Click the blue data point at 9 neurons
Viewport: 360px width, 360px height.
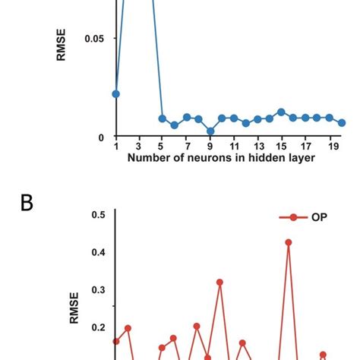coord(210,131)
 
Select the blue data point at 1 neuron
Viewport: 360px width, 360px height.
coord(116,94)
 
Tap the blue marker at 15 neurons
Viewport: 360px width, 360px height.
coord(281,112)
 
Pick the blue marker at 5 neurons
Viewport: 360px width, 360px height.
coord(163,118)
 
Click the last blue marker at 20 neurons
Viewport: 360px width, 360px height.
coord(342,122)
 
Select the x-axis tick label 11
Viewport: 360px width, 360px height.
coord(234,147)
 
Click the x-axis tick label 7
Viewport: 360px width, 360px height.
coord(187,147)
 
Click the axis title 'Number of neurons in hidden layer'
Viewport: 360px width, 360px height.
coord(223,158)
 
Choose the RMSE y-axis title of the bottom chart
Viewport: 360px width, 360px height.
coord(74,310)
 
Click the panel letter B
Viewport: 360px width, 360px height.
coord(27,204)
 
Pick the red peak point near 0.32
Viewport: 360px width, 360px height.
coord(219,283)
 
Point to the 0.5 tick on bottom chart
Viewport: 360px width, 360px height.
coord(97,215)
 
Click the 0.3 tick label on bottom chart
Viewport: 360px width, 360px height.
coord(97,290)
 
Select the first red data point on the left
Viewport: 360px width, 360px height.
coord(116,342)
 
